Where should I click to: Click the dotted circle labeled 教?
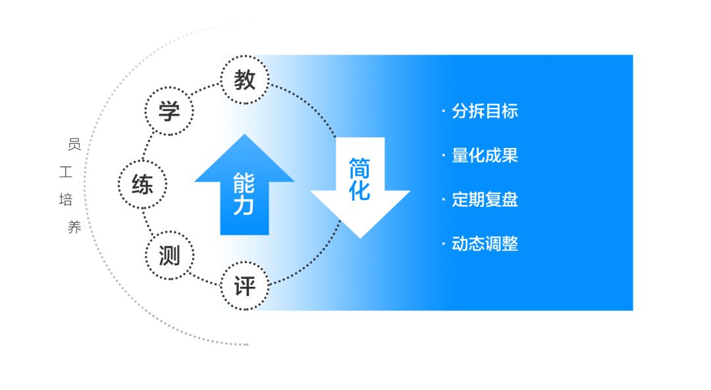click(245, 57)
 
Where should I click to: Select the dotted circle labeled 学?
click(169, 88)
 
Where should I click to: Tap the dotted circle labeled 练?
click(142, 161)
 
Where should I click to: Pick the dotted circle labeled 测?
click(170, 232)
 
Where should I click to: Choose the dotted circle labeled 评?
click(245, 262)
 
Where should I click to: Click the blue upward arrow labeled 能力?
click(244, 185)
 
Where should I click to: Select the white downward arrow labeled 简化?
click(360, 187)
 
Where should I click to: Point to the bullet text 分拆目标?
click(485, 111)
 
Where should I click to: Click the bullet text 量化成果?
click(485, 155)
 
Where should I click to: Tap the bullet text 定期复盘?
click(485, 200)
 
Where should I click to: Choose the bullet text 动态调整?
click(485, 244)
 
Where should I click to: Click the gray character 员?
click(74, 145)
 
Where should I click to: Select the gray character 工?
click(66, 172)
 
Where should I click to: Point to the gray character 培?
click(66, 199)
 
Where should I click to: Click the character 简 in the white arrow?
click(359, 168)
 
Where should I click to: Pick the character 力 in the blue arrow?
click(244, 205)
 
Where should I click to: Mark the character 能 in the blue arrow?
click(244, 183)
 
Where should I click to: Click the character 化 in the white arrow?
click(359, 190)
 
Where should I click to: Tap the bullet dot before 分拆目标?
click(444, 111)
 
